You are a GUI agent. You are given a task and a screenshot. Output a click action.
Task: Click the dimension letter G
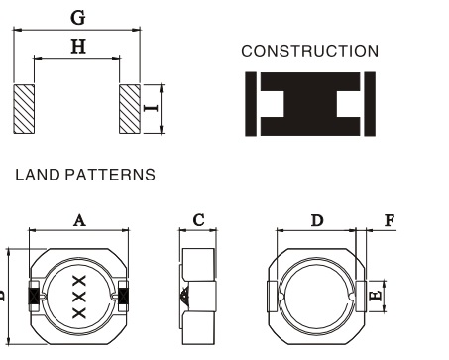[78, 18]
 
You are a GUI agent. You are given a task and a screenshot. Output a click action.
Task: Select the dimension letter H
[78, 47]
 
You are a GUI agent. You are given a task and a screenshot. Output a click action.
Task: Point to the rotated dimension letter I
[151, 108]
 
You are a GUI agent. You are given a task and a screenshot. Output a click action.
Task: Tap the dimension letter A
[79, 220]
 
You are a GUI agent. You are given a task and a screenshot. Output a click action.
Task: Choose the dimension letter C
[198, 220]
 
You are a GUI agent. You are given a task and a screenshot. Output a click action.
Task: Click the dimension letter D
[317, 220]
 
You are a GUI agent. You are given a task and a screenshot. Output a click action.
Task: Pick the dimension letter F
[390, 220]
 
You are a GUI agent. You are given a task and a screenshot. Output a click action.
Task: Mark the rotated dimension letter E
[376, 295]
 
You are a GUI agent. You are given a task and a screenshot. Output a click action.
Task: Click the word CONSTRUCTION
[310, 51]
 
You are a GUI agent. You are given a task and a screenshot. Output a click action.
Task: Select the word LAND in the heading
[38, 175]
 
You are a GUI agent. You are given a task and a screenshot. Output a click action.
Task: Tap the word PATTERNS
[110, 175]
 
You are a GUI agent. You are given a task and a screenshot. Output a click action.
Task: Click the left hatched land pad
[24, 109]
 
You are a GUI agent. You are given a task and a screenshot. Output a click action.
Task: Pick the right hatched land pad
[130, 109]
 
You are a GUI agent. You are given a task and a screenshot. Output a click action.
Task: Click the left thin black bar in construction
[251, 104]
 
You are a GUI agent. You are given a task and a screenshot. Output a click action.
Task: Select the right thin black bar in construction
[370, 104]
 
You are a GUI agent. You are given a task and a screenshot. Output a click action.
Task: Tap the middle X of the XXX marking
[79, 297]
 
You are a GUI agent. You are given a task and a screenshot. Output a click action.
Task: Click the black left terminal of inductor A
[34, 296]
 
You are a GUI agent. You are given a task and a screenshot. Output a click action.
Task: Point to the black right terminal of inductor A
[124, 296]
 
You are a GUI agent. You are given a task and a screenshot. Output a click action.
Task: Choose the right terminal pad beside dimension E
[361, 297]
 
